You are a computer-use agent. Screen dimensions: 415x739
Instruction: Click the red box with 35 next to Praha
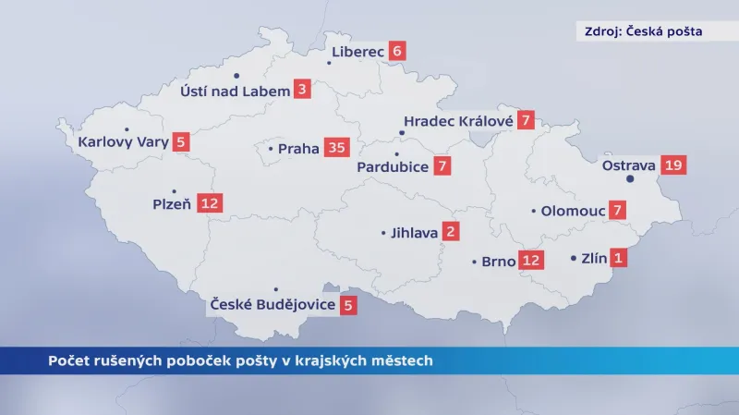pyautogui.click(x=336, y=148)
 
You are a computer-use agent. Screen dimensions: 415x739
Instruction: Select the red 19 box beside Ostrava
pyautogui.click(x=673, y=166)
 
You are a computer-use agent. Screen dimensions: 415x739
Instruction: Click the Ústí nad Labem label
pyautogui.click(x=235, y=91)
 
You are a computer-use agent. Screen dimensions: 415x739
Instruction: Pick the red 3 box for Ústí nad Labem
pyautogui.click(x=302, y=90)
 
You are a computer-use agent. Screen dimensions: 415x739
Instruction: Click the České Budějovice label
pyautogui.click(x=273, y=304)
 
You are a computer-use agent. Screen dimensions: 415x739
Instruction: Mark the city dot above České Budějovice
pyautogui.click(x=275, y=289)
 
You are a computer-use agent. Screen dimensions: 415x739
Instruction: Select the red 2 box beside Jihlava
pyautogui.click(x=451, y=233)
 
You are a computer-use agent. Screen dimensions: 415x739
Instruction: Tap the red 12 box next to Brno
pyautogui.click(x=531, y=261)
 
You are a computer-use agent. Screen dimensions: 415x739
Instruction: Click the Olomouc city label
pyautogui.click(x=573, y=211)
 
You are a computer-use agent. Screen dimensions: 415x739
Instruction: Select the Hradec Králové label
pyautogui.click(x=456, y=120)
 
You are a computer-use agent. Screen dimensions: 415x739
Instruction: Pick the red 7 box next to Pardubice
pyautogui.click(x=443, y=167)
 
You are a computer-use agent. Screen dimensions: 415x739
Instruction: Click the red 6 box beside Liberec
pyautogui.click(x=397, y=52)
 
